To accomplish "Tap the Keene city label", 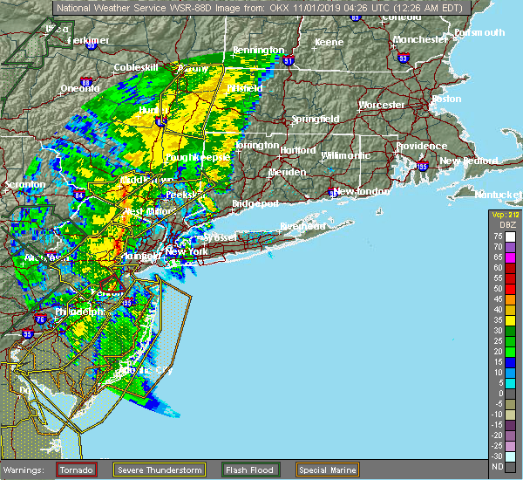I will [329, 42].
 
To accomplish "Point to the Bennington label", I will [260, 51].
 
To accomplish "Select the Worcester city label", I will [382, 105].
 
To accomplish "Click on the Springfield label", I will [316, 119].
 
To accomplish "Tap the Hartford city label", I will [297, 150].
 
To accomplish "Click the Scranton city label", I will [24, 185].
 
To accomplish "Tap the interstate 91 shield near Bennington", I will [289, 62].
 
